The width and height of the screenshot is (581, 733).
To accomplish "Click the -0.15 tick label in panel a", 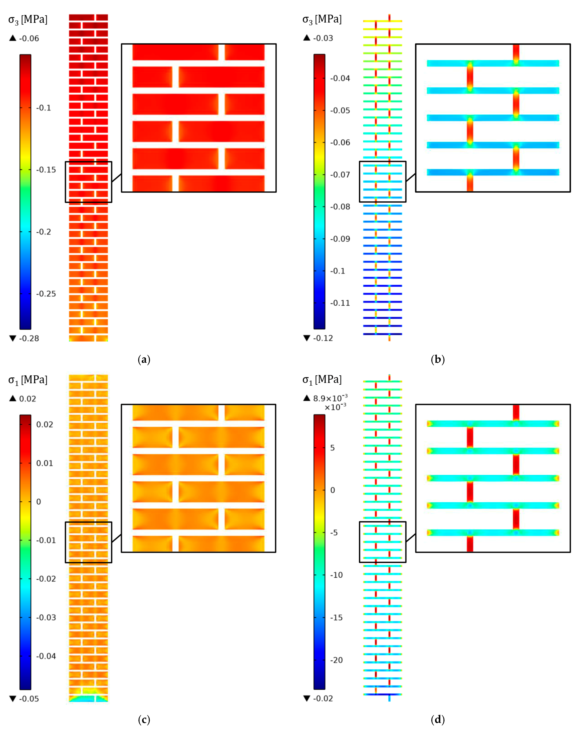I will point(46,170).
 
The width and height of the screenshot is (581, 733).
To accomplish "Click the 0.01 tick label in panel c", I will point(44,463).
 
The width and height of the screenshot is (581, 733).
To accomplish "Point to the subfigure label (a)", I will point(144,359).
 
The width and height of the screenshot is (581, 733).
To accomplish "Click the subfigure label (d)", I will point(438,720).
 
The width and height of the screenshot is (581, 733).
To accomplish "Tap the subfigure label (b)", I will point(438,359).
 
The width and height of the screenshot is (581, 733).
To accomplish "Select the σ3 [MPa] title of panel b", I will point(322,19).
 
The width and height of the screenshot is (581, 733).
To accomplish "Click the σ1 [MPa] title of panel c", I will point(28,380).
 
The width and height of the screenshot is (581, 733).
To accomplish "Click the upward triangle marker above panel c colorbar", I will point(13,398).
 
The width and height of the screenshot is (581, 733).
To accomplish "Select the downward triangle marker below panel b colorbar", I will point(307,338).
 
